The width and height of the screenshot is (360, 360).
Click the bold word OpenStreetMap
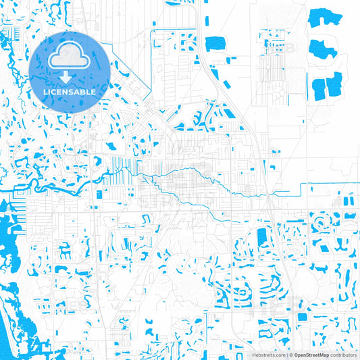tap(311, 354)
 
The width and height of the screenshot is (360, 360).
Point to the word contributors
tap(343, 354)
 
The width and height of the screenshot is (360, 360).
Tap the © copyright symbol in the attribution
tap(291, 354)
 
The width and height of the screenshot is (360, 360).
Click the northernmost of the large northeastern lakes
tap(324, 19)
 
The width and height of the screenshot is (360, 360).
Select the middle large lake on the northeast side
tap(322, 47)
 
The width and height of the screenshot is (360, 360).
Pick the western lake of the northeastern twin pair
tap(317, 87)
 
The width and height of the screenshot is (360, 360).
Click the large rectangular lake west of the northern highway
tap(215, 41)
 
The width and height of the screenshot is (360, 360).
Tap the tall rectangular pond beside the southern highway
tap(262, 238)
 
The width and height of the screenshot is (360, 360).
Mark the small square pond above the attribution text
tap(301, 316)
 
